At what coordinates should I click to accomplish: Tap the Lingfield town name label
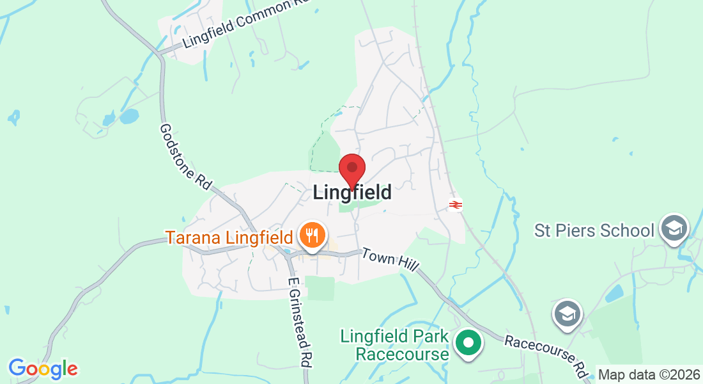coord(352,192)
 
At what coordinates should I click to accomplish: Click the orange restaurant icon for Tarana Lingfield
coord(311,236)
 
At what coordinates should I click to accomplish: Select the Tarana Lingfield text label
coord(229,237)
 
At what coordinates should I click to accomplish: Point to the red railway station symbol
coord(456,205)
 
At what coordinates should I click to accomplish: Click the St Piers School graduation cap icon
coord(674,228)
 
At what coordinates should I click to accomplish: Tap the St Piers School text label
coord(594,230)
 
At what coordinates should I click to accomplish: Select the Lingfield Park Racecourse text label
coord(394,345)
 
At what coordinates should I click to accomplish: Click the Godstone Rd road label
coord(185,156)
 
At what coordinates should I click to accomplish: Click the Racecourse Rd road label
coord(546,355)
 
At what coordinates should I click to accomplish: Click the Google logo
coord(43,369)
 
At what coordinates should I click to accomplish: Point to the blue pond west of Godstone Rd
coord(128,116)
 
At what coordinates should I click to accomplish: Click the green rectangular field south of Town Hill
coord(320,288)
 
